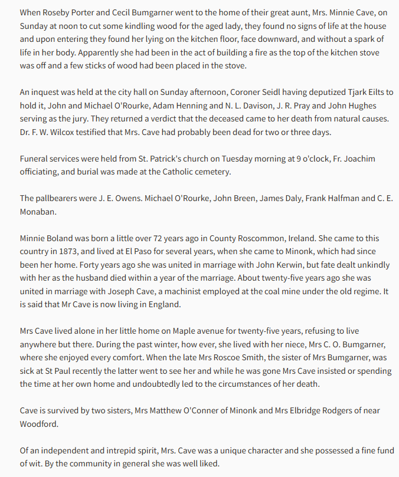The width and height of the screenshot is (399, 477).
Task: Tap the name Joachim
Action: point(372,159)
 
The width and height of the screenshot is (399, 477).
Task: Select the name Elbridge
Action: point(298,410)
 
